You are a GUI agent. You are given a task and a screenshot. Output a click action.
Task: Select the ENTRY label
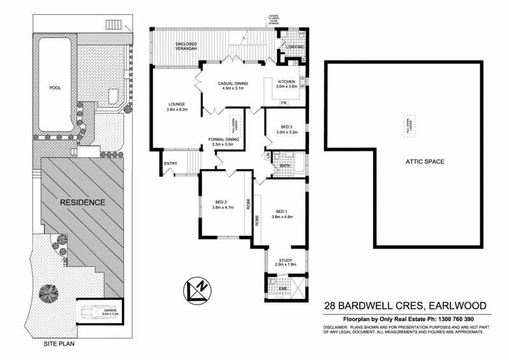(170, 163)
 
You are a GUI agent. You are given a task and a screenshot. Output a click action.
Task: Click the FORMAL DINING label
(223, 139)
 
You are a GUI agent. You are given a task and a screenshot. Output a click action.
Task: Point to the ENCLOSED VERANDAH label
(178, 46)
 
